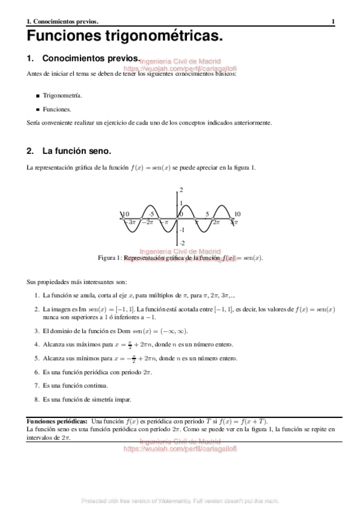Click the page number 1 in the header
tap(333, 22)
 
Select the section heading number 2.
tap(30, 150)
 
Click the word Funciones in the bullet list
tap(57, 109)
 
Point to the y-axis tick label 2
tap(182, 190)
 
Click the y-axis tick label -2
tap(182, 243)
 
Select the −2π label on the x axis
tap(147, 223)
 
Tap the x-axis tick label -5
tap(153, 214)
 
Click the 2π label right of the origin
tap(216, 223)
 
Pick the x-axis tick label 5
tap(207, 214)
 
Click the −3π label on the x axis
tap(129, 223)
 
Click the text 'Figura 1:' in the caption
tap(110, 258)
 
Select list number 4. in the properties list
tap(37, 345)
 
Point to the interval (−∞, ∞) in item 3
tap(172, 331)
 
